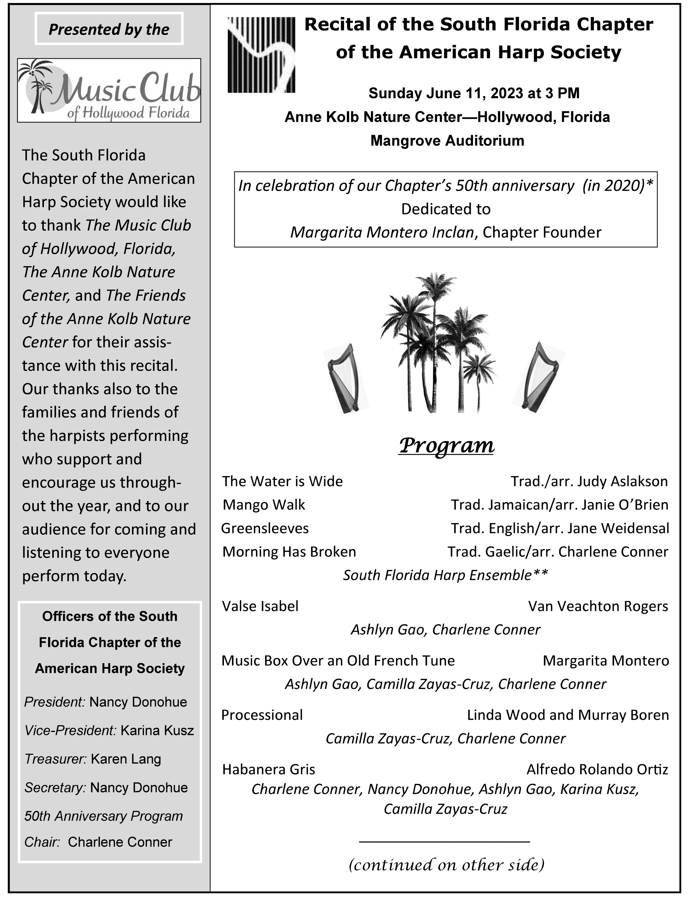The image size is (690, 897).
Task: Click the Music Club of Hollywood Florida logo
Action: click(x=109, y=90)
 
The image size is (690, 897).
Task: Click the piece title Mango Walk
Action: click(x=264, y=505)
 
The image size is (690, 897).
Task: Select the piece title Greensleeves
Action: click(x=265, y=528)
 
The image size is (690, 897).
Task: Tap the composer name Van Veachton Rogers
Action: click(x=598, y=606)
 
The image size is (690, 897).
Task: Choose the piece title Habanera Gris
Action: click(x=269, y=769)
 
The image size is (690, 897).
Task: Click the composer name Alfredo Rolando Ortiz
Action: click(x=597, y=769)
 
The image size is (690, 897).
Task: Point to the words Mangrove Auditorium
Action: click(x=447, y=141)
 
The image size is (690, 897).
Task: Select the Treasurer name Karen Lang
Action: click(x=126, y=759)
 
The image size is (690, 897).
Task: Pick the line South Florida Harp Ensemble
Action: click(x=446, y=575)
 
